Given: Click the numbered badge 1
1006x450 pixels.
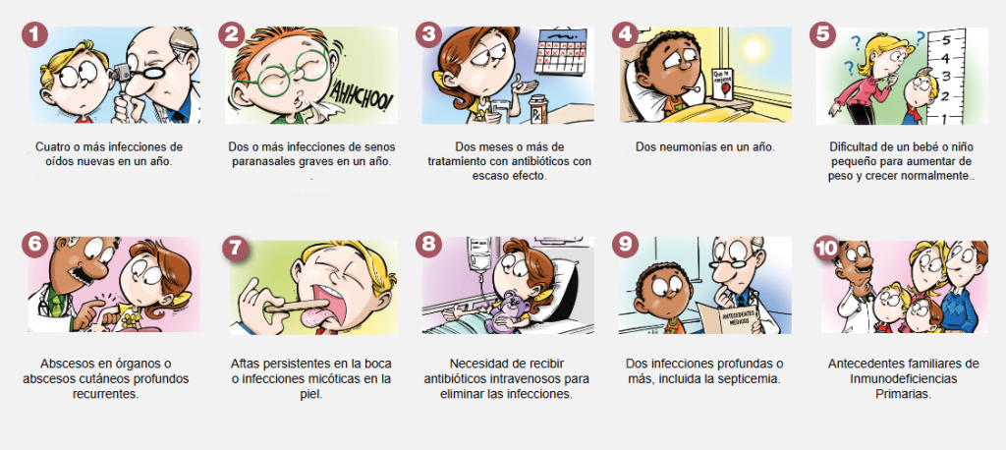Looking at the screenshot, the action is [34, 34].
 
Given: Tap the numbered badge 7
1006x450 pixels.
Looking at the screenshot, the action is [236, 249].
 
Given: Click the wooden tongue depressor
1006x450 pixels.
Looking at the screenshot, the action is [291, 303].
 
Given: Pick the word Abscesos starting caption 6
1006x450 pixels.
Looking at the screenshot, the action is [65, 364].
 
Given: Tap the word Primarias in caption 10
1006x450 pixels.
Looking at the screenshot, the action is [904, 394].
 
